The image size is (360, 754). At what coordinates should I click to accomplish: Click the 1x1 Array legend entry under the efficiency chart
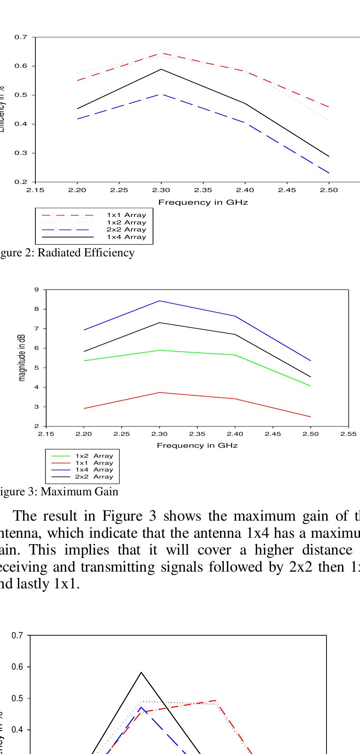(126, 215)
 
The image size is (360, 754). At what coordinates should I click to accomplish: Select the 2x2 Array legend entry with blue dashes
(126, 230)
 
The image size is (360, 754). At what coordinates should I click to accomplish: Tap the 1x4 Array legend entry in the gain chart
(94, 470)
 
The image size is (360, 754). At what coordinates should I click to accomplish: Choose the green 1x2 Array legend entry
(94, 456)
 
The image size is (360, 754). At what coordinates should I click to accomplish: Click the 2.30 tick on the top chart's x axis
(161, 190)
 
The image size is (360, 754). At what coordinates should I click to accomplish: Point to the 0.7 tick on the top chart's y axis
(21, 37)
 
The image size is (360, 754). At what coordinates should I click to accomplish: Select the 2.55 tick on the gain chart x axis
(348, 434)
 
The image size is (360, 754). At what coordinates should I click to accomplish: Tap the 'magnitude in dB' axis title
(23, 358)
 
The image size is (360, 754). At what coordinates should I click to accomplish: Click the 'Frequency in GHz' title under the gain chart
(197, 445)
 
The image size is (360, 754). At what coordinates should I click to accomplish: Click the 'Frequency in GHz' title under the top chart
(203, 202)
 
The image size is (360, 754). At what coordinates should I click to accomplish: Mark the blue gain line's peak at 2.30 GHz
(160, 301)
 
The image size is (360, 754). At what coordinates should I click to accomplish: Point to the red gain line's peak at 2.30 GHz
(160, 393)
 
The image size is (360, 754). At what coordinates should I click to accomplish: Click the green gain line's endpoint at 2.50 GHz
(310, 386)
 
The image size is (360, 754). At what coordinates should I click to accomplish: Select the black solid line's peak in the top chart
(161, 69)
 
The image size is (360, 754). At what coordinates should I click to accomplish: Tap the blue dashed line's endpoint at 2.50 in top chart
(329, 173)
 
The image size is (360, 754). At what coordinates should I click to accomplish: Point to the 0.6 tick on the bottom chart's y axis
(17, 667)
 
